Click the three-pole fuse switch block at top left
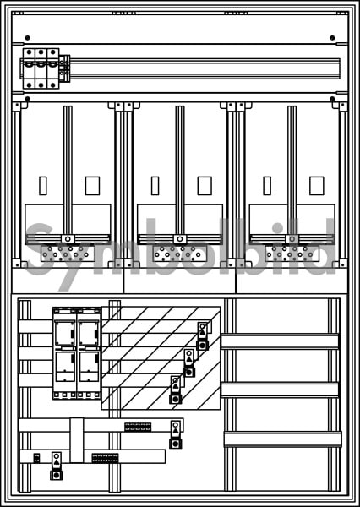[x=41, y=68]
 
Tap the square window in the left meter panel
[x=92, y=186]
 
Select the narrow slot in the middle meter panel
[x=155, y=186]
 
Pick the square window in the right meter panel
[x=317, y=186]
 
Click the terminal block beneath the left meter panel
[x=68, y=253]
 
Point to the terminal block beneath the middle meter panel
[x=180, y=253]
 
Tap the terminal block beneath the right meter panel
[x=292, y=253]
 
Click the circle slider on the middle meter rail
[x=180, y=239]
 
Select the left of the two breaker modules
[x=65, y=353]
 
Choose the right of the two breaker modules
[x=89, y=353]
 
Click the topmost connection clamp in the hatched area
[x=203, y=336]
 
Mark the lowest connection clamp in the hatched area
[x=175, y=390]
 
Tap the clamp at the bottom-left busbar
[x=57, y=466]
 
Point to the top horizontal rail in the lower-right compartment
[x=280, y=341]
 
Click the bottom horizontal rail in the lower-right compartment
[x=283, y=439]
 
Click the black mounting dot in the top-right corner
[x=332, y=38]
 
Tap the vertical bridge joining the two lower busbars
[x=77, y=440]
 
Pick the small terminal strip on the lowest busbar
[x=105, y=458]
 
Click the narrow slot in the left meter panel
[x=43, y=186]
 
